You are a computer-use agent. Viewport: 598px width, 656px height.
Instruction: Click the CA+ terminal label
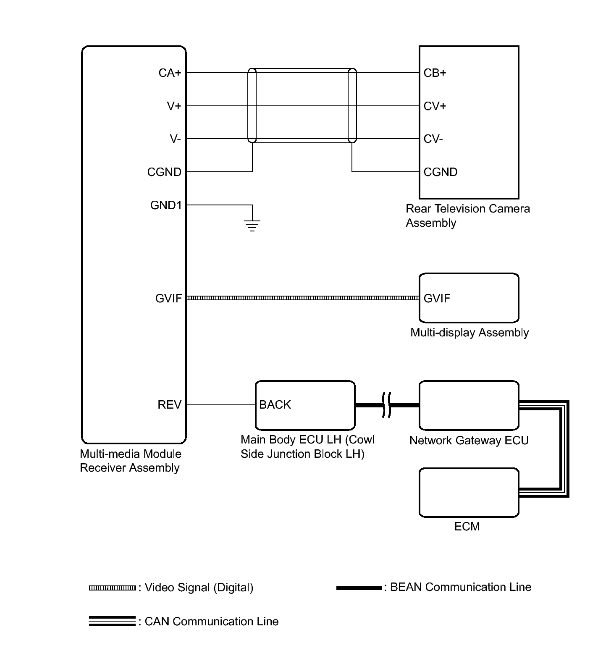pos(170,73)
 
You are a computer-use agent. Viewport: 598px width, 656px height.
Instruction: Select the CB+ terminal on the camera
pos(435,73)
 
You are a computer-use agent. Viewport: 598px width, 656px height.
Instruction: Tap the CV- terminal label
pos(433,139)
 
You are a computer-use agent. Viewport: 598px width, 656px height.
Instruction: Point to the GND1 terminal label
pos(166,205)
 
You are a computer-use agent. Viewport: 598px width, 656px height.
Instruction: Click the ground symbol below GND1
pos(252,226)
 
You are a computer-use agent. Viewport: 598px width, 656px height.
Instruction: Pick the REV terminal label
pos(169,405)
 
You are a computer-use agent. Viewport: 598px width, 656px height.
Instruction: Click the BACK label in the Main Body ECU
pos(275,405)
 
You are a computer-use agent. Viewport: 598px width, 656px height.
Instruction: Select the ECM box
pos(469,492)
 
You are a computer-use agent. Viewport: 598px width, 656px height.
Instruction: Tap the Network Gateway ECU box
pos(469,405)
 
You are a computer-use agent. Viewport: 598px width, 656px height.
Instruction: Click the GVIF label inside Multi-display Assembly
pos(437,299)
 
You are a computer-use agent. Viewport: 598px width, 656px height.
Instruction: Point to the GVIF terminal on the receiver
pos(168,299)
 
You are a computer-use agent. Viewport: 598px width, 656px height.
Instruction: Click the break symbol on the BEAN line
pos(387,405)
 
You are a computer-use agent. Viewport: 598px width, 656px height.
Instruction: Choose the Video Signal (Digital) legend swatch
pos(112,588)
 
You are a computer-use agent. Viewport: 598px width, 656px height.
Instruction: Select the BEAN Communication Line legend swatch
pos(359,588)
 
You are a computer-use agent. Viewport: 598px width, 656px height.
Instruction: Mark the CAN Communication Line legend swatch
pos(112,622)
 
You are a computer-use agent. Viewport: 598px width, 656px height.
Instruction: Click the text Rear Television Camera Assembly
pos(467,215)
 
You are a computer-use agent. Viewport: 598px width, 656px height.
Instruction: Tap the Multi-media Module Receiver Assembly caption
pos(131,461)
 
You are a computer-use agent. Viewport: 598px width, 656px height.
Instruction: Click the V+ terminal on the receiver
pos(174,106)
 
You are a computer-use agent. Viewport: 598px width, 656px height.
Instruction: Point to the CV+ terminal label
pos(435,106)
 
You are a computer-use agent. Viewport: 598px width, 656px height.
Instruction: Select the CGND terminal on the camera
pos(440,172)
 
